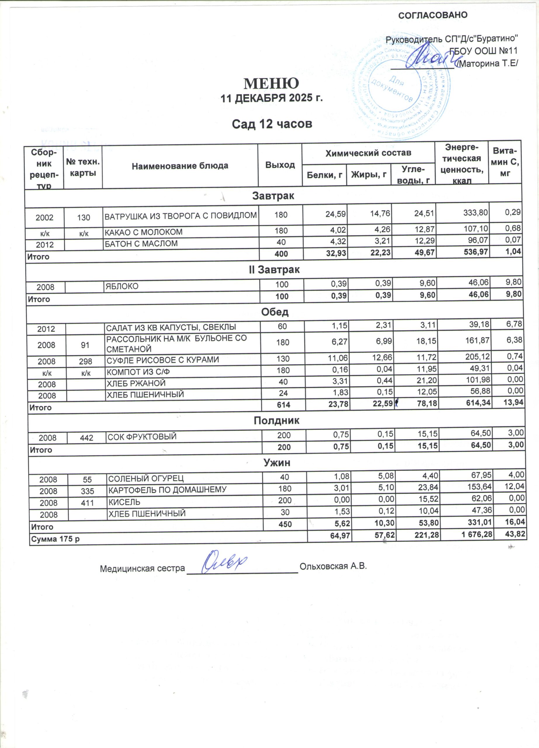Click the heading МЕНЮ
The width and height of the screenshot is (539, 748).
tap(271, 84)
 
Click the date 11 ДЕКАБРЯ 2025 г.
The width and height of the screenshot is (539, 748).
tap(271, 98)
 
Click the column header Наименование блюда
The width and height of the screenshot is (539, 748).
tap(180, 166)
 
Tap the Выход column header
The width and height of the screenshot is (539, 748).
tap(280, 165)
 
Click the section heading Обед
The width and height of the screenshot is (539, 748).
tap(275, 312)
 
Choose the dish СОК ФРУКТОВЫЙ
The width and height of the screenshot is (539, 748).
tap(142, 437)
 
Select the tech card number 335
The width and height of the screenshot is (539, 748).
tap(87, 491)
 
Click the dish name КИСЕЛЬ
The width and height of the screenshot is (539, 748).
tap(125, 502)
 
